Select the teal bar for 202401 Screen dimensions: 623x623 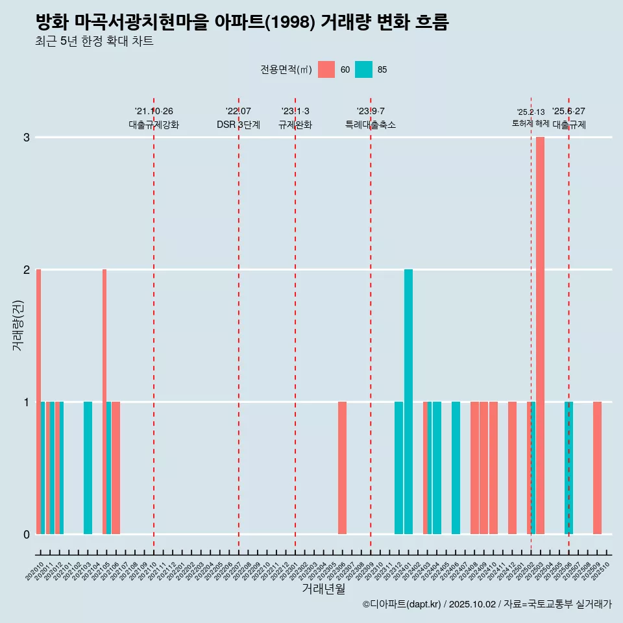[x=408, y=402]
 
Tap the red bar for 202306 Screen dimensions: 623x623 [x=342, y=468]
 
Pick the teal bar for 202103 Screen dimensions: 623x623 [x=88, y=468]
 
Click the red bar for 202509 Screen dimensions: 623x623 [x=597, y=468]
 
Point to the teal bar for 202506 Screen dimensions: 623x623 [x=568, y=468]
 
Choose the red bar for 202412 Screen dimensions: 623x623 [x=512, y=468]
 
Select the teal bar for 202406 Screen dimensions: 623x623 [x=456, y=468]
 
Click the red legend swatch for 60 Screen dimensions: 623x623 [x=326, y=69]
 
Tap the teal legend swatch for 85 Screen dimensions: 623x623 [x=364, y=69]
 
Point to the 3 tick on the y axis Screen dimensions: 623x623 [x=27, y=138]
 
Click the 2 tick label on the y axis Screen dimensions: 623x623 [x=27, y=270]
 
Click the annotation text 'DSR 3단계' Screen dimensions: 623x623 [x=238, y=125]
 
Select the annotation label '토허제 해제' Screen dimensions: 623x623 [x=531, y=123]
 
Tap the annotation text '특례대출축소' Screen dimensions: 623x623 [x=371, y=125]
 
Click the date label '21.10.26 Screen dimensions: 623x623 [x=154, y=112]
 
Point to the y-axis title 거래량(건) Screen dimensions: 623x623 [x=18, y=324]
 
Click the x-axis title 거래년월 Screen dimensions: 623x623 [x=323, y=589]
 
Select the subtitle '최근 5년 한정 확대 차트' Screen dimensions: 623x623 [x=94, y=42]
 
